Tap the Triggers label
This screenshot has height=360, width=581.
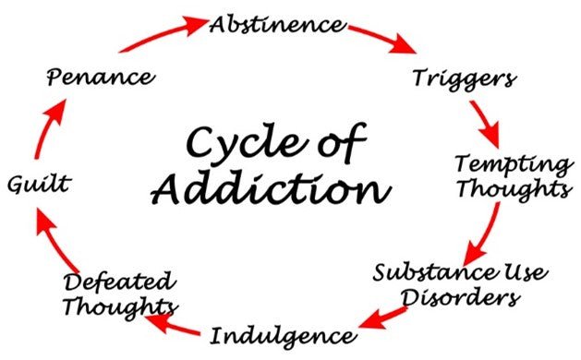click(463, 78)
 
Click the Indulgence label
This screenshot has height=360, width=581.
click(281, 333)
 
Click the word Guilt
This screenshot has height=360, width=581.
click(38, 185)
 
